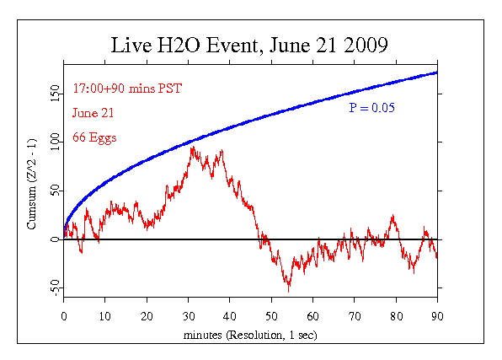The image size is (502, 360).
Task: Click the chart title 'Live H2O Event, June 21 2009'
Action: pyautogui.click(x=250, y=45)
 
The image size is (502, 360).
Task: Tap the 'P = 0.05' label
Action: pyautogui.click(x=372, y=108)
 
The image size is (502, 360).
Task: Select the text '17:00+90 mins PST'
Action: pyautogui.click(x=127, y=89)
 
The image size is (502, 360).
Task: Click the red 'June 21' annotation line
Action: pyautogui.click(x=93, y=112)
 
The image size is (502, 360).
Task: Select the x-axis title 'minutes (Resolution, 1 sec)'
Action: pyautogui.click(x=250, y=335)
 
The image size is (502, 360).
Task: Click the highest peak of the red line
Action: pyautogui.click(x=193, y=147)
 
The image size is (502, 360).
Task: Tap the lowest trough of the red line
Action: pyautogui.click(x=289, y=291)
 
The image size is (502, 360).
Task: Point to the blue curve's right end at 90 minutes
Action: pyautogui.click(x=436, y=73)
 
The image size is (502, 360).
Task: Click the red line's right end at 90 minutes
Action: pyautogui.click(x=436, y=257)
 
